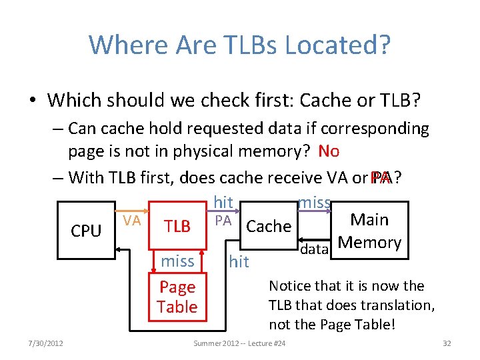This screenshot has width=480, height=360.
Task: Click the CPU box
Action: click(x=86, y=231)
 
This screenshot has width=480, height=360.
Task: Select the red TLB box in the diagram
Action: click(x=177, y=227)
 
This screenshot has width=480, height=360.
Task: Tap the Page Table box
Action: click(x=177, y=297)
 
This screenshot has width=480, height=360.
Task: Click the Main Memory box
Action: click(x=369, y=231)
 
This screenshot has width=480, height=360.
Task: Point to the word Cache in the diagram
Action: click(x=269, y=227)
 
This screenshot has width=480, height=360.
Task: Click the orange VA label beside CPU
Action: click(x=133, y=220)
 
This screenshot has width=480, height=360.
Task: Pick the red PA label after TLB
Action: click(x=223, y=220)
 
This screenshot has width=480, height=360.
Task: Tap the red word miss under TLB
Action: click(x=177, y=261)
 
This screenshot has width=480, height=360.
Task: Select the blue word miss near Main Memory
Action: click(x=315, y=202)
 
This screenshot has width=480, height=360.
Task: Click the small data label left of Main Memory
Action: click(x=313, y=249)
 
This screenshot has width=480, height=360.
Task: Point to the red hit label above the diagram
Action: click(x=223, y=202)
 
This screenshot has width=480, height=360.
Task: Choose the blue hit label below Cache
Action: click(x=239, y=262)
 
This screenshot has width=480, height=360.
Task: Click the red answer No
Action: click(x=329, y=151)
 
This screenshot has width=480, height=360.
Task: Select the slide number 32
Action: click(x=447, y=343)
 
